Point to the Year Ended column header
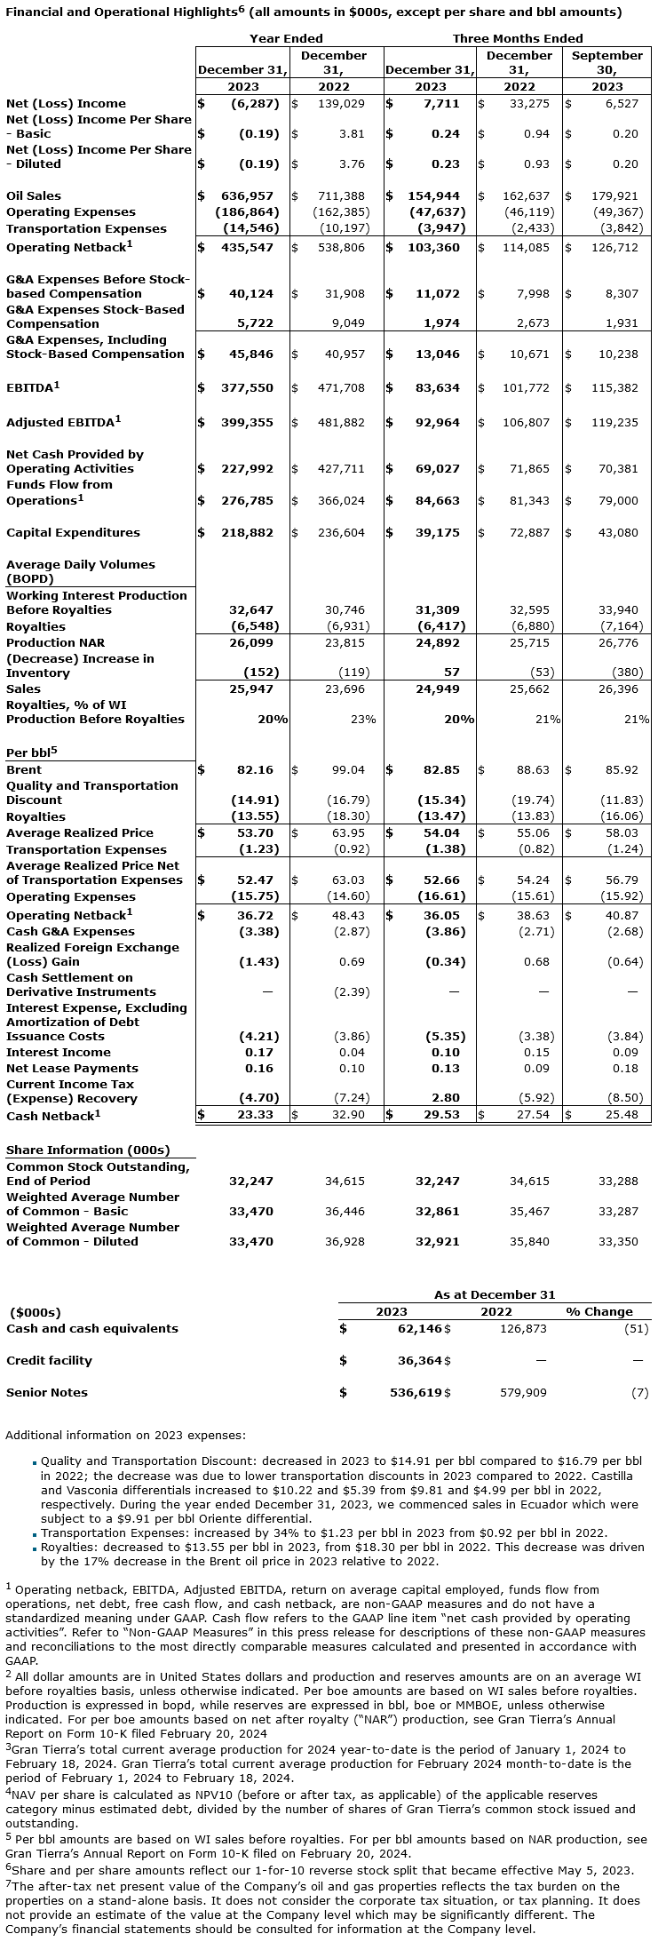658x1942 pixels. pyautogui.click(x=286, y=38)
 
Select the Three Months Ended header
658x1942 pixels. pyautogui.click(x=517, y=38)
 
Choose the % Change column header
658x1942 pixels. pyautogui.click(x=599, y=1311)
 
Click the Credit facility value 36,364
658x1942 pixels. pyautogui.click(x=416, y=1360)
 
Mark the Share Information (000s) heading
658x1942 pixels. pyautogui.click(x=88, y=1150)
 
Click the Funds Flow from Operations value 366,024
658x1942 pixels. pyautogui.click(x=341, y=500)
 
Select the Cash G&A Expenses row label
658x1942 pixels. pyautogui.click(x=70, y=931)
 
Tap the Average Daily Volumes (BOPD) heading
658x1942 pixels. pyautogui.click(x=80, y=571)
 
